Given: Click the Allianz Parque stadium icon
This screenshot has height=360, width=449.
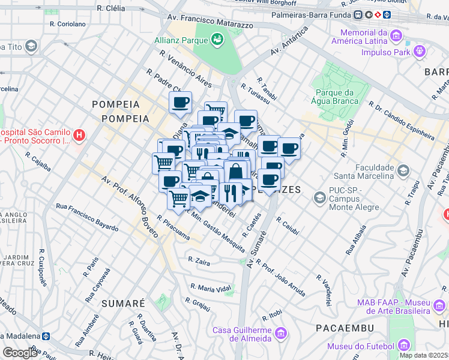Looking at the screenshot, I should (217, 40).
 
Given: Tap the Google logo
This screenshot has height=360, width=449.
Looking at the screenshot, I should (20, 353).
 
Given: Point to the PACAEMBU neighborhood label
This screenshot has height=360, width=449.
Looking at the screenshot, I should (345, 328).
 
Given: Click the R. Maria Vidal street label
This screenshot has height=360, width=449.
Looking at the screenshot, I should (211, 289).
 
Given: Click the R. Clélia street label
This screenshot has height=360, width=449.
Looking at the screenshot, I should (111, 8).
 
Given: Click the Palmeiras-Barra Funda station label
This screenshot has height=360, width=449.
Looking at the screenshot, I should (311, 14).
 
